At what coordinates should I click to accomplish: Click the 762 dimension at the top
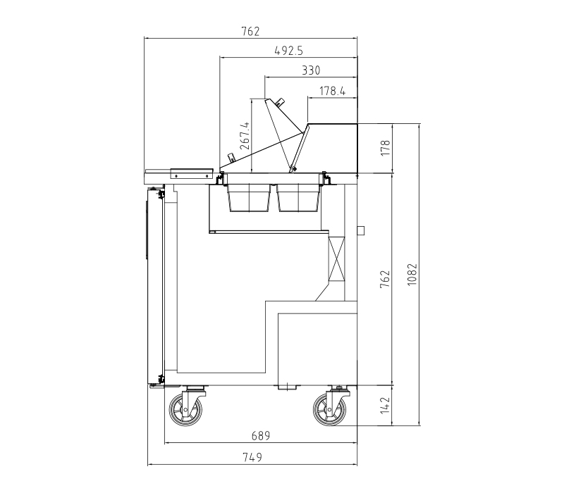pos(250,32)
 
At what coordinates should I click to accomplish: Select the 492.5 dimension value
pos(288,51)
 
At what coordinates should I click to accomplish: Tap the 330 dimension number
pos(311,70)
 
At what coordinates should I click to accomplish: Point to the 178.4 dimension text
pos(332,92)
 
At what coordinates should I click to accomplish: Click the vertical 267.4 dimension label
pos(245,135)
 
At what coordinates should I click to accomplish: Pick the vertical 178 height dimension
pos(385,148)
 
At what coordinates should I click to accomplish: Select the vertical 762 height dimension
pos(385,278)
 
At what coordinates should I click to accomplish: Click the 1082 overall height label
pos(412,275)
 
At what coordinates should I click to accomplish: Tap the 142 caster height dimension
pos(385,406)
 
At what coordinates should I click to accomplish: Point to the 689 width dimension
pos(260,436)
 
